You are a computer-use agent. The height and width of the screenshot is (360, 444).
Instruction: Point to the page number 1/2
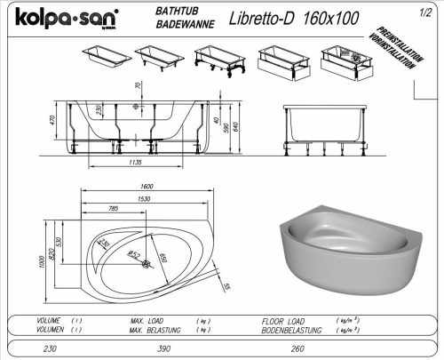(430, 11)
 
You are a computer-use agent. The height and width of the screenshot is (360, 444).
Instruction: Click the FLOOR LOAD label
(284, 320)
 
